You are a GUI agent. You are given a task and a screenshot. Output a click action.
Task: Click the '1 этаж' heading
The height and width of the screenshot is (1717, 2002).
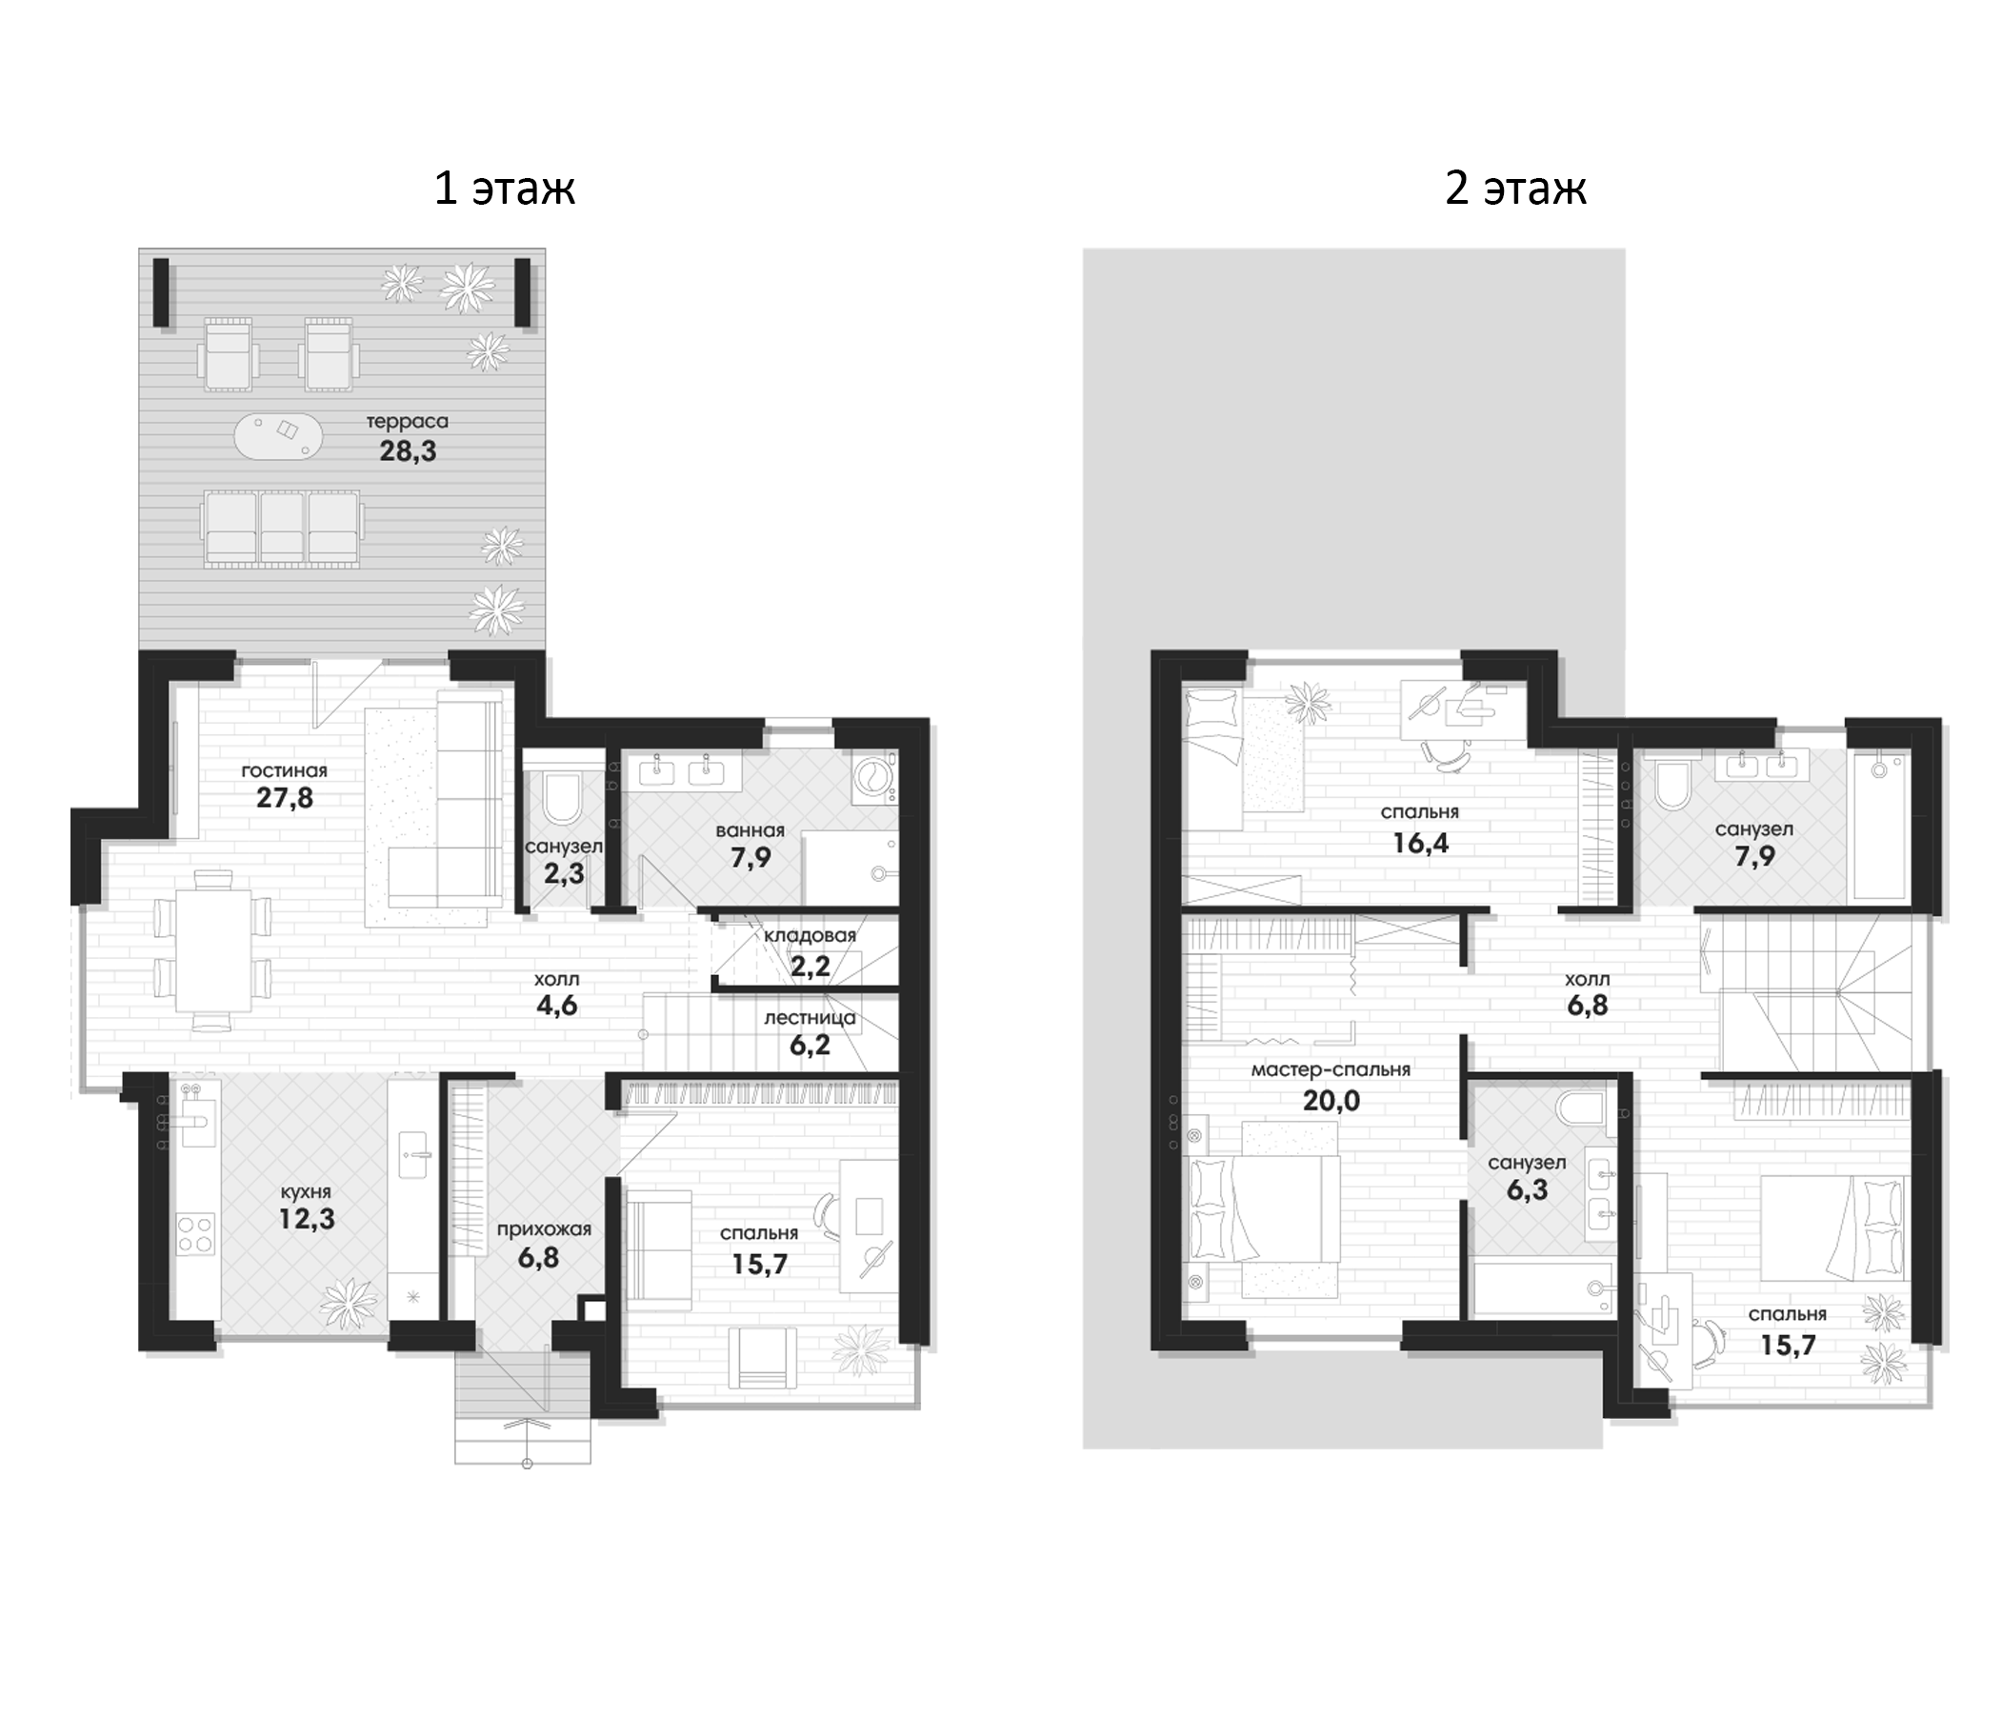click(x=505, y=188)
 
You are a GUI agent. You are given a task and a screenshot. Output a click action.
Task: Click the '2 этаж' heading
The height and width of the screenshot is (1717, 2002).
click(x=1515, y=188)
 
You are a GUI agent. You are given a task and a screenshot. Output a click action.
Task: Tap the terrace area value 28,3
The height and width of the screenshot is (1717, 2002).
click(x=408, y=450)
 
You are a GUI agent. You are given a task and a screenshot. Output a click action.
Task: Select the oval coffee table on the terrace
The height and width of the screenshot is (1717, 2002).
click(x=278, y=436)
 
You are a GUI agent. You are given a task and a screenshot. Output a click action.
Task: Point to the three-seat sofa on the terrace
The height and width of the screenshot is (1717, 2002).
click(x=282, y=527)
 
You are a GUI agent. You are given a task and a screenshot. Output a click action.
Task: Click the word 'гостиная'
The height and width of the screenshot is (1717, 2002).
click(x=284, y=770)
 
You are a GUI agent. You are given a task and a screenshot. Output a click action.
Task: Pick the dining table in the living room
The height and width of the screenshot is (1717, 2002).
click(x=213, y=949)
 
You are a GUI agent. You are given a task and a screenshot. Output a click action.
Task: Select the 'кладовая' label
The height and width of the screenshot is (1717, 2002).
click(x=810, y=935)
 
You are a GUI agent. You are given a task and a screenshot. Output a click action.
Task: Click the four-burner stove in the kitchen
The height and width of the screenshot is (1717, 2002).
click(x=194, y=1235)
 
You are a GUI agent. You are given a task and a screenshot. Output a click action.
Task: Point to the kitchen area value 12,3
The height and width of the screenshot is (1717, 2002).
click(x=307, y=1218)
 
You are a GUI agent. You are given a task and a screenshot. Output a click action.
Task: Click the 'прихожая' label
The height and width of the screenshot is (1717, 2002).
click(x=543, y=1230)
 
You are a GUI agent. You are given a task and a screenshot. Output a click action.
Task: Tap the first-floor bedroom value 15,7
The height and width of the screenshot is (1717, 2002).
click(x=759, y=1263)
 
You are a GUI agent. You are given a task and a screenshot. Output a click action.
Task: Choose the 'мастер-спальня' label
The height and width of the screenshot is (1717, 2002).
click(x=1331, y=1069)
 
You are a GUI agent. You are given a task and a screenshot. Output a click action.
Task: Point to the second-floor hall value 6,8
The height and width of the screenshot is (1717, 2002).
click(x=1588, y=1005)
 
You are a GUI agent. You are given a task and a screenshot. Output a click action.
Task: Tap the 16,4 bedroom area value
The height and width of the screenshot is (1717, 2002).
click(x=1420, y=843)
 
